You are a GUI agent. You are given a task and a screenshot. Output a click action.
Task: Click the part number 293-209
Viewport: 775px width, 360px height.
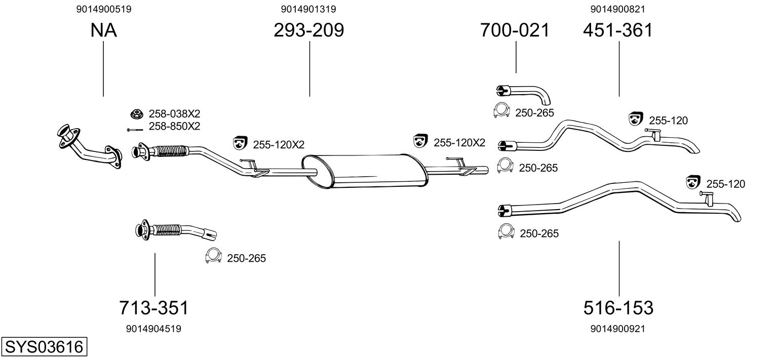[x=309, y=30]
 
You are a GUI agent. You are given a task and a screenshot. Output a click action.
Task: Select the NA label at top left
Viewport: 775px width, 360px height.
[x=104, y=30]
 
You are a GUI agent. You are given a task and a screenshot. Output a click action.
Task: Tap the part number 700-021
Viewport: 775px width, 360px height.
[x=515, y=30]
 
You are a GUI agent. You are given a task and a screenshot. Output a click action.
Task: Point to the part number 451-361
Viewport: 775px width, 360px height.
[x=618, y=30]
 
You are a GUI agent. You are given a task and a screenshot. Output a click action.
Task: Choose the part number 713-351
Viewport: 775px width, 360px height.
[x=153, y=307]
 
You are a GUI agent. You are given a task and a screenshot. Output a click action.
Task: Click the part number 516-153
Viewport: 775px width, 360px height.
[x=618, y=307]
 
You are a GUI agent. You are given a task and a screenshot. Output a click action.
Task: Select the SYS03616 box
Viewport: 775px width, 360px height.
[x=44, y=347]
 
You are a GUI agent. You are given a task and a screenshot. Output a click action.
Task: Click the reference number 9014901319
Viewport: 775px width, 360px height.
[x=308, y=9]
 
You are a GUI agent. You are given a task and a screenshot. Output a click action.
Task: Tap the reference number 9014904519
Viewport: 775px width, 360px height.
[x=153, y=329]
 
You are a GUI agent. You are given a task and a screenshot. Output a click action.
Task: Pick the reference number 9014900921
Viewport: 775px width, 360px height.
[x=617, y=329]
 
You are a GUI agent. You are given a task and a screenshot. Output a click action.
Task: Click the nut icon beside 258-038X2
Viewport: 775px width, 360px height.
[x=136, y=114]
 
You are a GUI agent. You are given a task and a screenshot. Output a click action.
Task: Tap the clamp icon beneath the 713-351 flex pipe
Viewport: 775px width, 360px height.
[x=213, y=256]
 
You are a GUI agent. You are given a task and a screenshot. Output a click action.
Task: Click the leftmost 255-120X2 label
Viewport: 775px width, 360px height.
[x=278, y=145]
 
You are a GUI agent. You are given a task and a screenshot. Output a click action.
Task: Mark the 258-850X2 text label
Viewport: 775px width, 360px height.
[x=174, y=127]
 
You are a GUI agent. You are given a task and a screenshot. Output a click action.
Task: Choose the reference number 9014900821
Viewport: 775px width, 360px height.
[x=617, y=9]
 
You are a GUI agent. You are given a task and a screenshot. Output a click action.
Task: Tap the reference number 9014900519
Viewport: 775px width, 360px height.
[x=104, y=9]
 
